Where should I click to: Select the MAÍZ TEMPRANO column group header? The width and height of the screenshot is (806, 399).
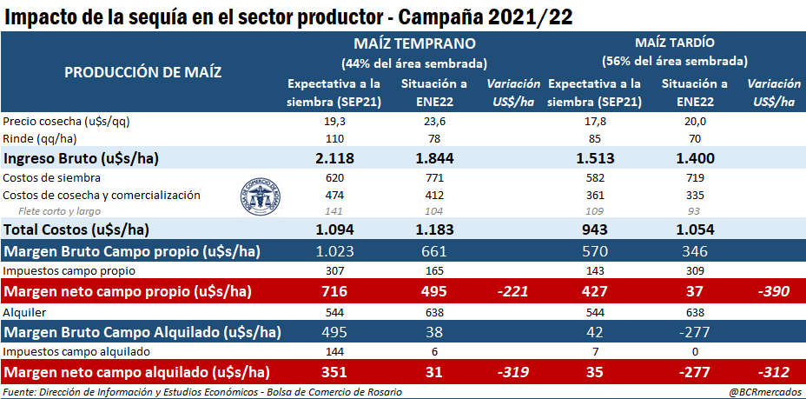413,43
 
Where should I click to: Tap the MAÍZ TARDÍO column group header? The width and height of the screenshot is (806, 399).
674,43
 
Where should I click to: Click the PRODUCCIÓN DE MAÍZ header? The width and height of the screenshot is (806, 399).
143,71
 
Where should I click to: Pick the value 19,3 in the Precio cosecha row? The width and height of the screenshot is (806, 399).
334,121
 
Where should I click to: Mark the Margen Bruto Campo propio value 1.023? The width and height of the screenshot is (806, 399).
334,252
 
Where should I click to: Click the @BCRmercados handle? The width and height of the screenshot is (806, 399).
763,392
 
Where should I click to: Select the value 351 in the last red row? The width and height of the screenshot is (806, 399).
334,372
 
